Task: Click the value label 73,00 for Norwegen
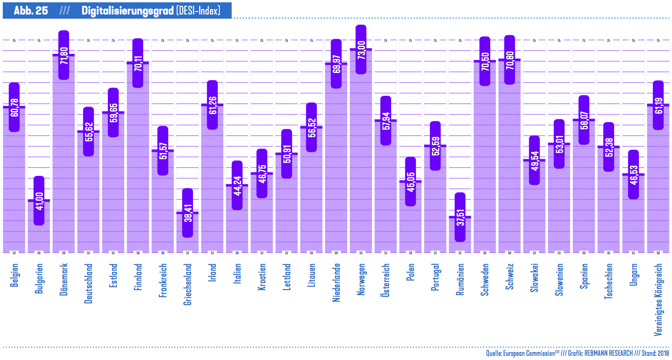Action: click(x=361, y=50)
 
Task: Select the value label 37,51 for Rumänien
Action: click(x=460, y=217)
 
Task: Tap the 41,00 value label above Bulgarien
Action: click(x=39, y=201)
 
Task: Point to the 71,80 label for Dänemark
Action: click(x=64, y=55)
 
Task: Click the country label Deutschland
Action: click(x=88, y=284)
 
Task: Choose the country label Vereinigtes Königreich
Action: click(x=658, y=299)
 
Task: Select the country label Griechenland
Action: click(x=187, y=285)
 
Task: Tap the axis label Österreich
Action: click(x=385, y=280)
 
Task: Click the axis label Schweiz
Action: click(x=509, y=277)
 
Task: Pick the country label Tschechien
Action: click(x=609, y=281)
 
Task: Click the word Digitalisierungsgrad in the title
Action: click(x=127, y=11)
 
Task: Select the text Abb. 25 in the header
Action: click(x=31, y=11)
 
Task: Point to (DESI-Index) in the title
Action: click(x=198, y=11)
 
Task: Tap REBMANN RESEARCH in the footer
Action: click(x=609, y=353)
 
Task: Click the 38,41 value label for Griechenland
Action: click(x=188, y=213)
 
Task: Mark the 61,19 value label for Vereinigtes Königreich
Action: click(x=658, y=105)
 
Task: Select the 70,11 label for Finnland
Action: click(x=138, y=63)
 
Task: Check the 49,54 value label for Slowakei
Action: click(x=534, y=160)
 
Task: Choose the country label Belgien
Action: click(x=14, y=275)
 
